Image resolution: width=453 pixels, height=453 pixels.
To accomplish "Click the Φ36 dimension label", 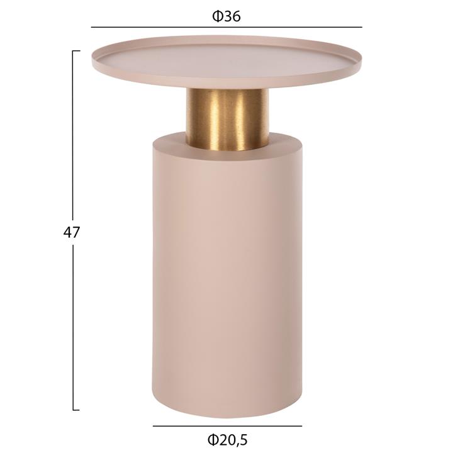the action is coord(226,16).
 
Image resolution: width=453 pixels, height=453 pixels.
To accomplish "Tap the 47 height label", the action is coord(71,232).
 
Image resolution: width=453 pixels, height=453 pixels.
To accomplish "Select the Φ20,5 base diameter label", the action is coord(227,440).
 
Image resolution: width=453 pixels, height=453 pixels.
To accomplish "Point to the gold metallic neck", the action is coord(227,119).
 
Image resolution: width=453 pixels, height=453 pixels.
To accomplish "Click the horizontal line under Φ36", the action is coord(226,27).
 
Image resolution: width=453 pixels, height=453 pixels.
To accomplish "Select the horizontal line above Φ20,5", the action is coord(227,426).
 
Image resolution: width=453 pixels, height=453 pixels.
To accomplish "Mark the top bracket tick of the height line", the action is coord(76,51).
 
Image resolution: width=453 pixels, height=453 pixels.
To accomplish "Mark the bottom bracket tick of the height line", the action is coord(76,410).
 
